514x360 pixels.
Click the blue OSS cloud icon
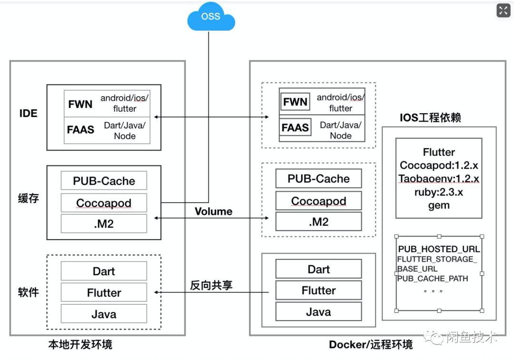click(x=211, y=18)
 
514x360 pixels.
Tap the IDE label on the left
click(x=29, y=113)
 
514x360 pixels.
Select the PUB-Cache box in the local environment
click(x=104, y=181)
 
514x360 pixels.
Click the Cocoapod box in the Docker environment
click(x=318, y=201)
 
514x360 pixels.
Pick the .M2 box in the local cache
click(x=104, y=224)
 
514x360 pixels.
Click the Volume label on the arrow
click(x=213, y=211)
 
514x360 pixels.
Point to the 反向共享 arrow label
click(x=211, y=285)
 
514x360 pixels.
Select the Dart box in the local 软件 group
click(x=104, y=271)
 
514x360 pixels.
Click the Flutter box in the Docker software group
click(x=318, y=290)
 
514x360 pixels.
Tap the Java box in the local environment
click(x=104, y=314)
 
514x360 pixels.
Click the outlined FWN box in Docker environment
click(x=295, y=102)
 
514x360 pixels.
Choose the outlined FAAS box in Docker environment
click(x=295, y=128)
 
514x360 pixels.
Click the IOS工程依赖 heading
click(x=430, y=117)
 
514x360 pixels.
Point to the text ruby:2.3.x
click(x=439, y=192)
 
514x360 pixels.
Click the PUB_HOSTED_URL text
click(x=439, y=249)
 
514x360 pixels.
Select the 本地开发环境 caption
click(x=80, y=344)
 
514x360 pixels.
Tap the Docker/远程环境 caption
click(x=371, y=344)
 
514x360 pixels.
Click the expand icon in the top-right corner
click(x=503, y=10)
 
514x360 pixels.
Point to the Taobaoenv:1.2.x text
click(x=439, y=179)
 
